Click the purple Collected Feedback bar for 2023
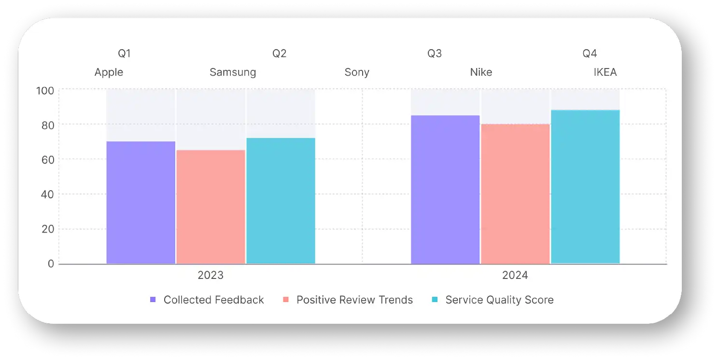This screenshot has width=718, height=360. point(141,203)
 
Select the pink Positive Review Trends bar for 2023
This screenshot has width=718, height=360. point(211,207)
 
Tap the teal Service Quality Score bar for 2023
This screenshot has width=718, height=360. point(281,201)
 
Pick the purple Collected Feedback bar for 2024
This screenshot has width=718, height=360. point(445,190)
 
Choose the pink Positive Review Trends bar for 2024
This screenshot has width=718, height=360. point(515,194)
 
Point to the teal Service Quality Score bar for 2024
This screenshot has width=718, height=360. point(585,187)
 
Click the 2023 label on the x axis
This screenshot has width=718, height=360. point(211,276)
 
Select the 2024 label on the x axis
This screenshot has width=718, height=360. point(515,276)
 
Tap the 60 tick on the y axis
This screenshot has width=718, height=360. point(47,159)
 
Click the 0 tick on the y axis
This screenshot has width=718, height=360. point(50,264)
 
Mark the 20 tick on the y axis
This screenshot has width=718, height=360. point(47,229)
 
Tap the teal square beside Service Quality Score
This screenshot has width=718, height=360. point(435,300)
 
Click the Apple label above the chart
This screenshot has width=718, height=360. point(109,72)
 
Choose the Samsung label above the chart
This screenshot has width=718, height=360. point(233,72)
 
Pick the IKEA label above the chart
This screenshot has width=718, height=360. point(605,72)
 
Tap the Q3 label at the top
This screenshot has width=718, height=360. point(435,54)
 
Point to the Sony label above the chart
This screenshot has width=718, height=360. point(357,72)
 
